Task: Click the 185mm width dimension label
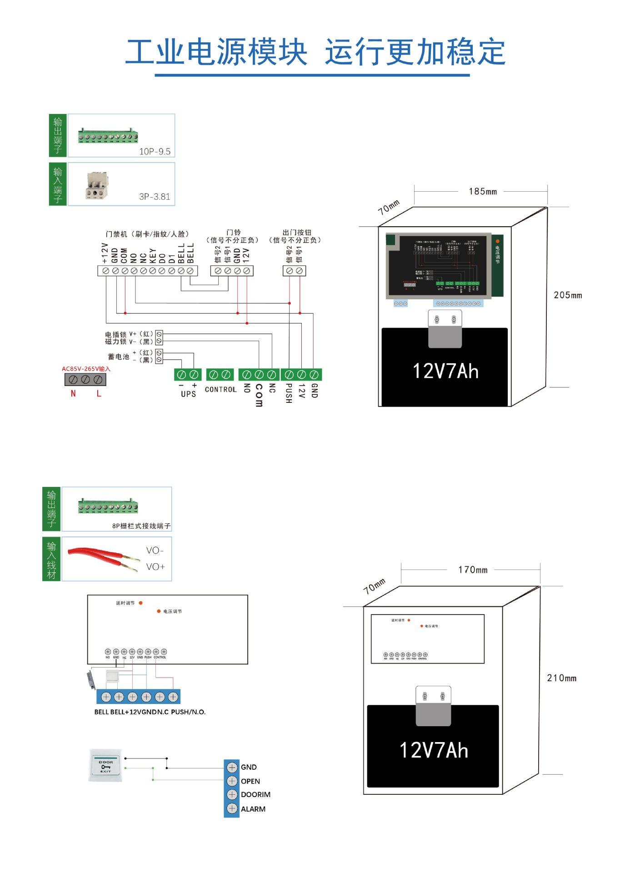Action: [x=482, y=192]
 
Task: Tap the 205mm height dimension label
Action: [x=567, y=295]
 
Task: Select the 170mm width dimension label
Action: [x=472, y=570]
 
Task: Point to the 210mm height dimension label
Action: [x=561, y=678]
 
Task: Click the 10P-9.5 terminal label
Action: [x=155, y=152]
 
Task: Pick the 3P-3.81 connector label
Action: [x=155, y=197]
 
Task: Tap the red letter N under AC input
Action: [x=73, y=394]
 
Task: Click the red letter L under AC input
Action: [x=99, y=394]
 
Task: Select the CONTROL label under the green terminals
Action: [x=220, y=390]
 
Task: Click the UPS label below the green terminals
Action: [x=188, y=394]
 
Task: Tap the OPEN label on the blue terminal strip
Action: [x=250, y=781]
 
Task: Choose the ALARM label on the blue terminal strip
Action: [x=253, y=809]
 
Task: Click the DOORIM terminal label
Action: [x=255, y=795]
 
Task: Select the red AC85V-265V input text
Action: [x=86, y=369]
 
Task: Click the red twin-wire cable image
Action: [x=103, y=559]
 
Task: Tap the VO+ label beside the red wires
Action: [x=155, y=567]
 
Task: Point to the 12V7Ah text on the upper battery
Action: [x=445, y=372]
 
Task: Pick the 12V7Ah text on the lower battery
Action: [x=434, y=750]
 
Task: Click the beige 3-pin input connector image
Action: [x=97, y=185]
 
